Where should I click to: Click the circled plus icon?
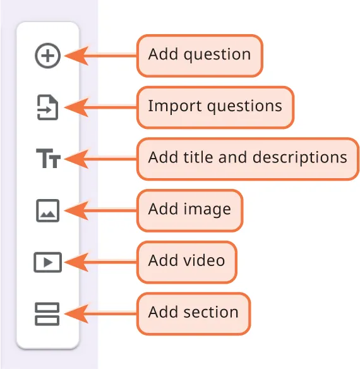(48, 56)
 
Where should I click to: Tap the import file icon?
(47, 107)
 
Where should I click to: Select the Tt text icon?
(48, 159)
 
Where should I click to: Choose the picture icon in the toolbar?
(47, 210)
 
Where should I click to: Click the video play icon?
(47, 262)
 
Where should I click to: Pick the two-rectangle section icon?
(47, 313)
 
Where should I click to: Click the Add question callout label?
(200, 55)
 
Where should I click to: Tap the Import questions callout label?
(215, 106)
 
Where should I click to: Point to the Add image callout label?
(189, 210)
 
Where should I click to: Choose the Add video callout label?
(186, 261)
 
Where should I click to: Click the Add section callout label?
(193, 313)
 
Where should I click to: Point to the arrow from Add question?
(101, 56)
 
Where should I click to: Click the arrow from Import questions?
(101, 107)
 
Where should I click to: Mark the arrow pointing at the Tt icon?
(101, 159)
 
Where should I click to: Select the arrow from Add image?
(101, 210)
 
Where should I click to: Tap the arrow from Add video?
(101, 262)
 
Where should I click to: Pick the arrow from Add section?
(101, 313)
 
